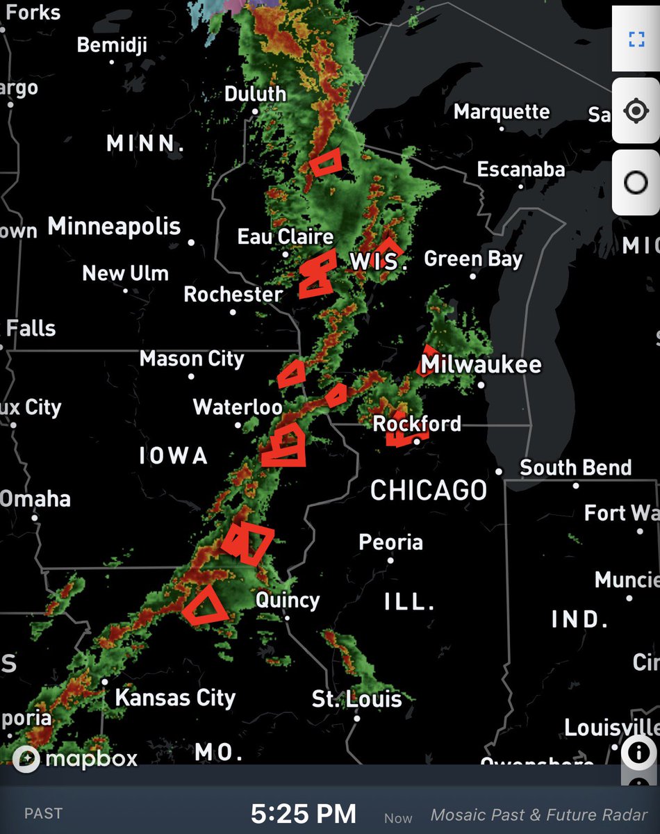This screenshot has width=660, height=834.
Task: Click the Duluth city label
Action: pyautogui.click(x=255, y=94)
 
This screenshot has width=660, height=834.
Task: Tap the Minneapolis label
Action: pyautogui.click(x=114, y=227)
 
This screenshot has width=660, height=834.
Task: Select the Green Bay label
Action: pyautogui.click(x=472, y=259)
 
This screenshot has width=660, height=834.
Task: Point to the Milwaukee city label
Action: pyautogui.click(x=481, y=365)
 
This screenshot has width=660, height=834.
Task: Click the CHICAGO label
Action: pyautogui.click(x=429, y=490)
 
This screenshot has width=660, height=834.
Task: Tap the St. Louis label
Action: pyautogui.click(x=356, y=698)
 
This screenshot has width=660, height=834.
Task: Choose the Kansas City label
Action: pyautogui.click(x=175, y=697)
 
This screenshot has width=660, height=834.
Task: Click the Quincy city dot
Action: pyautogui.click(x=287, y=617)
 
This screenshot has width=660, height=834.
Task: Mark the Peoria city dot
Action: pyautogui.click(x=390, y=560)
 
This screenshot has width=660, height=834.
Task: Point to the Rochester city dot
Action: pyautogui.click(x=233, y=311)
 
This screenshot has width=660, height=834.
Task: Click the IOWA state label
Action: pyautogui.click(x=173, y=456)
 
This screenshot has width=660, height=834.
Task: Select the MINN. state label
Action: pyautogui.click(x=145, y=144)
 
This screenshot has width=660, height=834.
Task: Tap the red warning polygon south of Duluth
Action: pyautogui.click(x=325, y=163)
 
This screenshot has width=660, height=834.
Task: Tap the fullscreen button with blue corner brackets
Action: pyautogui.click(x=636, y=38)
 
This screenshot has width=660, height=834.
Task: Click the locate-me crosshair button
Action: pyautogui.click(x=636, y=111)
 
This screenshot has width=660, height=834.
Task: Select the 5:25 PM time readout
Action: pyautogui.click(x=304, y=814)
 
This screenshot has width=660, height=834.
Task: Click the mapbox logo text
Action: pyautogui.click(x=91, y=758)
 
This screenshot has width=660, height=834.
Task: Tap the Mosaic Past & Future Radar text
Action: pyautogui.click(x=539, y=815)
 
